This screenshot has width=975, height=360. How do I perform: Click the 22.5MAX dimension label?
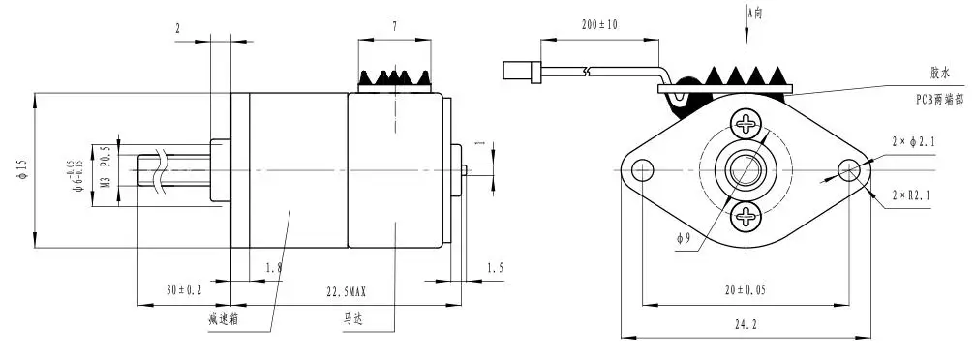click(x=345, y=291)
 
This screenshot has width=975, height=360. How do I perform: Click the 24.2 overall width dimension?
click(x=745, y=326)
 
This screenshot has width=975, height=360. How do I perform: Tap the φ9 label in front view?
click(x=686, y=237)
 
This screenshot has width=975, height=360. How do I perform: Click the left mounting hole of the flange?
click(x=640, y=171)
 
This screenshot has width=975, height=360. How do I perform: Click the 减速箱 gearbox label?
click(x=225, y=317)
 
